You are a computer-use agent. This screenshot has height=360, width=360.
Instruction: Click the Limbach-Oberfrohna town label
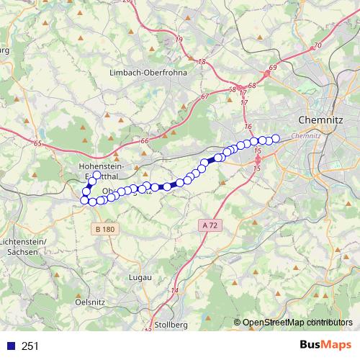coord(148,73)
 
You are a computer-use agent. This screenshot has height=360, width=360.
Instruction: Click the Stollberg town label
coord(171,325)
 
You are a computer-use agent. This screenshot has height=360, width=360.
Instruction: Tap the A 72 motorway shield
coord(209,225)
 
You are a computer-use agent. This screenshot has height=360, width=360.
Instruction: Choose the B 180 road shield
coord(104,229)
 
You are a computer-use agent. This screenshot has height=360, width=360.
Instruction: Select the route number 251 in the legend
coord(30,346)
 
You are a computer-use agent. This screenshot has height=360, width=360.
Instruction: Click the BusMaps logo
coord(325,345)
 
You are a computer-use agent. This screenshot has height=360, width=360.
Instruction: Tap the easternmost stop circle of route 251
coord(275,138)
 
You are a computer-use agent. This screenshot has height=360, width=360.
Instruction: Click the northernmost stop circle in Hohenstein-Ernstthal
coord(97,175)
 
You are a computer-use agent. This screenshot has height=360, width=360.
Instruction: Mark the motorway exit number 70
coord(318,46)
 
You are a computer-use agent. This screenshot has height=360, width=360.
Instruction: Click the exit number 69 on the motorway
coord(272,68)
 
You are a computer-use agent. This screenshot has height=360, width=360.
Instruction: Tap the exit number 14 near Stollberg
coord(174,290)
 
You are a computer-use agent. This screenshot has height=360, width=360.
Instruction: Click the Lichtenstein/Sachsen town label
coord(24,246)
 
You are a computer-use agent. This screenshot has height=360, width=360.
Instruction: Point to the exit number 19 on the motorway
coord(179,38)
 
